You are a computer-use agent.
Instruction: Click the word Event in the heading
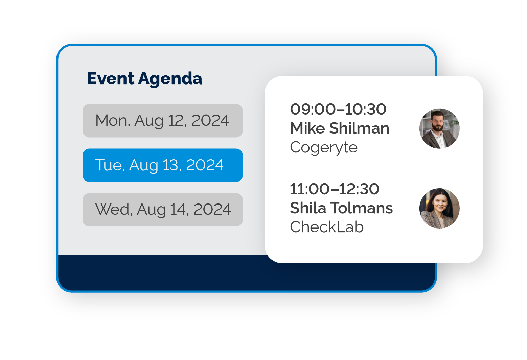click(110, 78)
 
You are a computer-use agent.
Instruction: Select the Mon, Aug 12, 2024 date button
click(162, 121)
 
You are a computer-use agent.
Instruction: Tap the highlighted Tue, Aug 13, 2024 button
click(162, 165)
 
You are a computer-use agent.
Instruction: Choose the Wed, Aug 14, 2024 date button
click(162, 210)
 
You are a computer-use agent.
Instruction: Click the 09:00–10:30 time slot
click(338, 109)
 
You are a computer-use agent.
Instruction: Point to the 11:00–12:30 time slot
click(335, 189)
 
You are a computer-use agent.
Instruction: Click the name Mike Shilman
click(340, 128)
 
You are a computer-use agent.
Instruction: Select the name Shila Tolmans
click(341, 208)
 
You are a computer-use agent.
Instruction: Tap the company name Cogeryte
click(324, 148)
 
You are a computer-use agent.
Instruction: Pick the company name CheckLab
click(327, 227)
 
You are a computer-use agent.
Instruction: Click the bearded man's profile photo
click(439, 128)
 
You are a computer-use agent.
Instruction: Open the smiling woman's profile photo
click(439, 208)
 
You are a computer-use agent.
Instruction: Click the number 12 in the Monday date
click(176, 121)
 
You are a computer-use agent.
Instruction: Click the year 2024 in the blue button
click(205, 165)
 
